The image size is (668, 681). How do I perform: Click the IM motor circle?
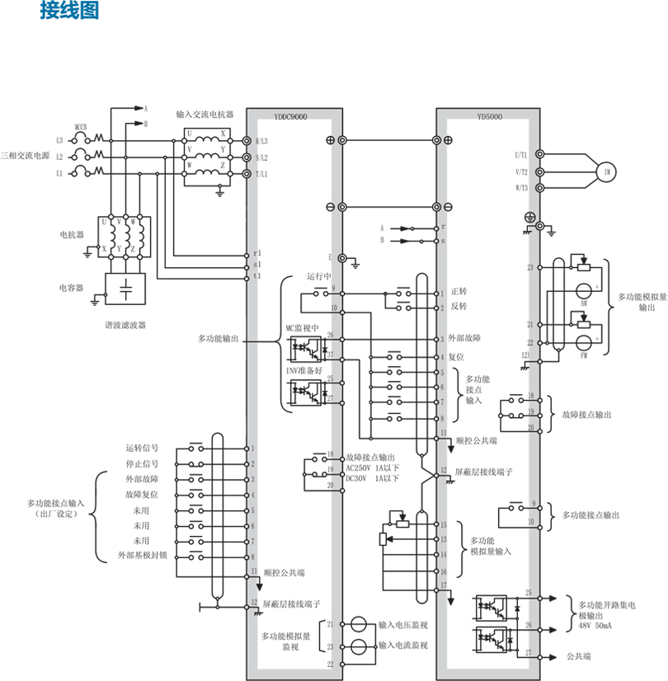[608, 171]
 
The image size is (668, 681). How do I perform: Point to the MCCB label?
[82, 128]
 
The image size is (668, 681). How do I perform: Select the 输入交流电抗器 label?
[205, 115]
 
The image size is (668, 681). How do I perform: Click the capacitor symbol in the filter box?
[125, 289]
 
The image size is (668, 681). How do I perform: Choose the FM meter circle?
[585, 341]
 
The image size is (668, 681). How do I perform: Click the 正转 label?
[459, 292]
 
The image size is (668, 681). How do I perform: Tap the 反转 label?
[459, 306]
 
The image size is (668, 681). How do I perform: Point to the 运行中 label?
[318, 276]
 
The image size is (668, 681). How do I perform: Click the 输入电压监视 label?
[403, 626]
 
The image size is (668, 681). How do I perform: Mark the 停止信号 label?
[143, 463]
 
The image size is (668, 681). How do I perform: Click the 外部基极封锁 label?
[143, 556]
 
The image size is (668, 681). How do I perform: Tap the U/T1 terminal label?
[521, 154]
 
